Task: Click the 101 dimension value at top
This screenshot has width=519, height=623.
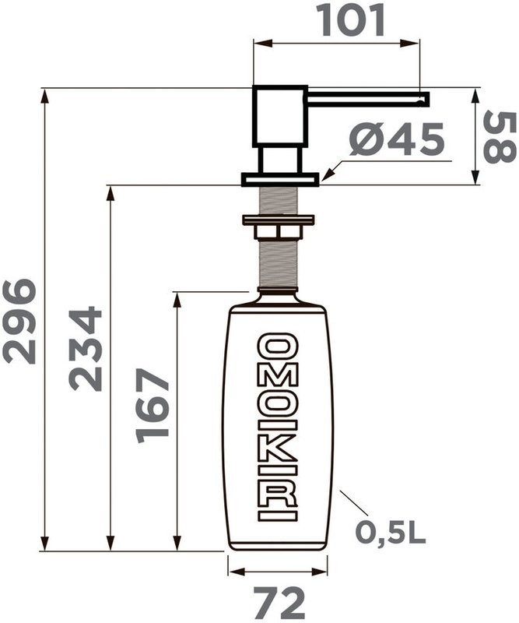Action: [351, 20]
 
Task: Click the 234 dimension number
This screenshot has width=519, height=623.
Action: [85, 348]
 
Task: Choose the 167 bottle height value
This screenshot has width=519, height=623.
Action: [153, 406]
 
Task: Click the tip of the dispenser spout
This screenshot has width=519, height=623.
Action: [425, 97]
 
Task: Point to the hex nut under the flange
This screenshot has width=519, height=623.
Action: [277, 232]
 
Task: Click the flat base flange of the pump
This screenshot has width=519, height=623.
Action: [280, 179]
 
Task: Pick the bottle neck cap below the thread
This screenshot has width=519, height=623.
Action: [277, 297]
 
